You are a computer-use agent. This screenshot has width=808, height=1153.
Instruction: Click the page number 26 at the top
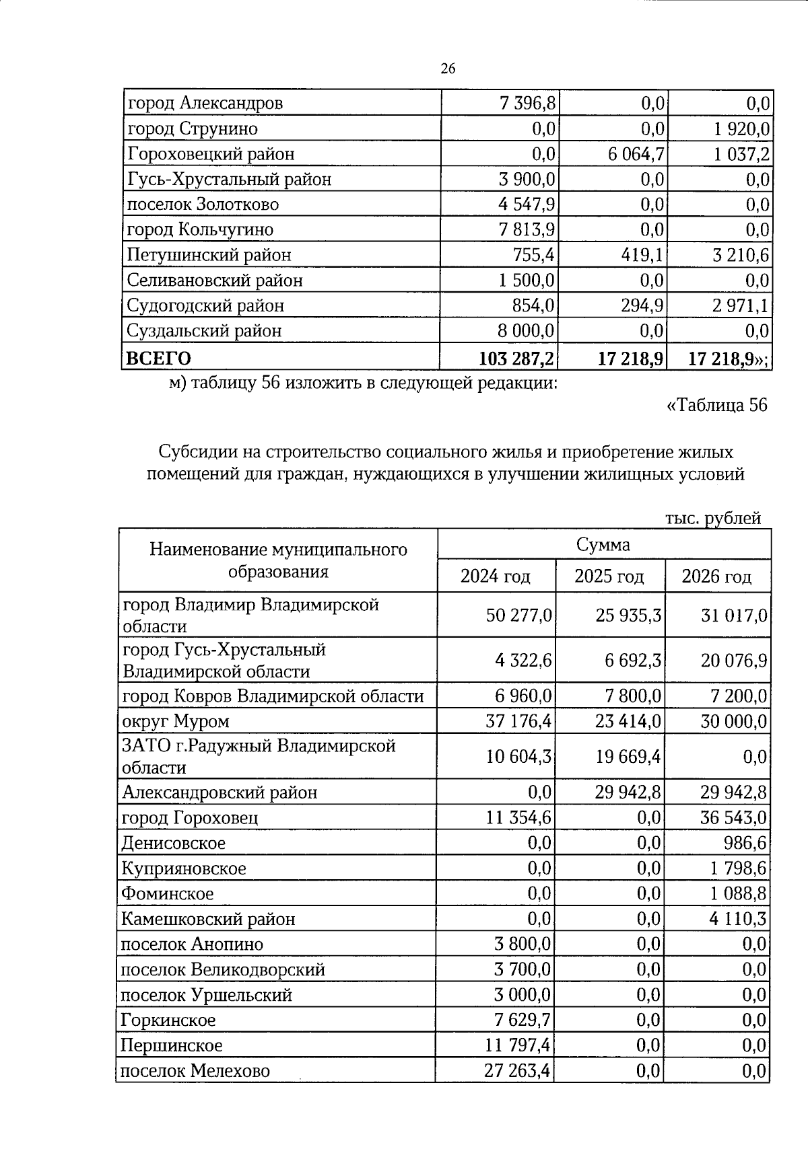point(448,69)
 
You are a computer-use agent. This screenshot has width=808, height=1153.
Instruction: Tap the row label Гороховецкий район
point(211,154)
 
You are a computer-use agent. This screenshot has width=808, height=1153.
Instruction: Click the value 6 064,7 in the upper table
point(636,154)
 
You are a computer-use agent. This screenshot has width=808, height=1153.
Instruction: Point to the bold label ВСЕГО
point(159,358)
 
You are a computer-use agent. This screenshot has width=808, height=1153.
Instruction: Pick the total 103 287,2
point(516,358)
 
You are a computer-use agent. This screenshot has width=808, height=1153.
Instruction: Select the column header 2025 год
point(609,576)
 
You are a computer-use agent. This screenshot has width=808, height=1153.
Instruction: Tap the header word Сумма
point(603,544)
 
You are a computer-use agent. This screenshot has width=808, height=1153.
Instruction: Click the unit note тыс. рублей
point(713,518)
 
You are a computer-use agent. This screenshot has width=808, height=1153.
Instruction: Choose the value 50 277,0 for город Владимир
point(518,616)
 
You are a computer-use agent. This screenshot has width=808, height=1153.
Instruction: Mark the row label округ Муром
point(176,721)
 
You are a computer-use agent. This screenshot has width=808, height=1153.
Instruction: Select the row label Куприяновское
point(183,868)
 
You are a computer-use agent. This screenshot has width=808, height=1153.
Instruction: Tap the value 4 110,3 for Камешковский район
point(737,919)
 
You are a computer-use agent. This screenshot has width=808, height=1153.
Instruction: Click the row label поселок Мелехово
point(195,1070)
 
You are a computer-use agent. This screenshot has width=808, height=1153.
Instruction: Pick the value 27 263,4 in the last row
point(518,1070)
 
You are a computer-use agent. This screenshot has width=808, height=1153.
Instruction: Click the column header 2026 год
point(716,576)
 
